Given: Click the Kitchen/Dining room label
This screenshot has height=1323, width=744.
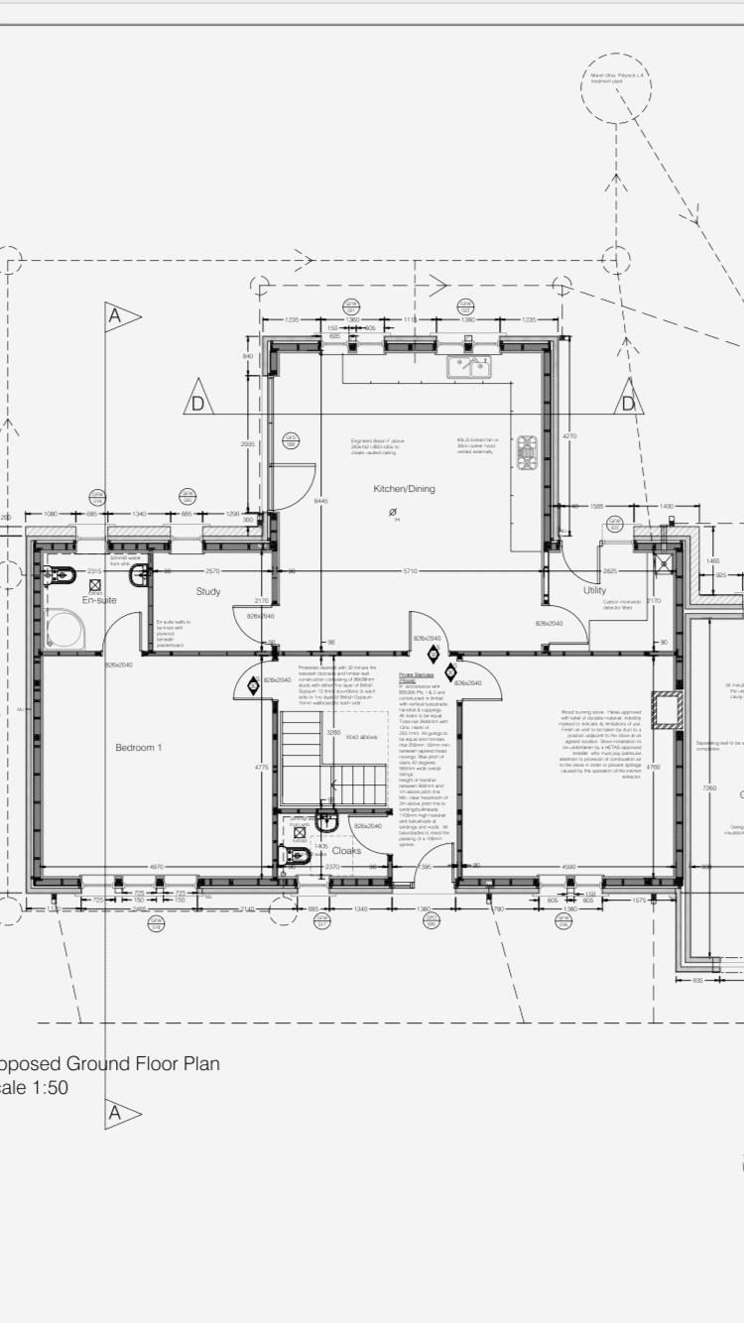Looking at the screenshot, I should (x=404, y=489).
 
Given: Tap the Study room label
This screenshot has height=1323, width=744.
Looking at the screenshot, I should (x=207, y=591).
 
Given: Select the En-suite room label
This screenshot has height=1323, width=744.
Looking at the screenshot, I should (x=99, y=601).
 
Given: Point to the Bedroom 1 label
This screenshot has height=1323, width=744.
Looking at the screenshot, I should (x=138, y=747).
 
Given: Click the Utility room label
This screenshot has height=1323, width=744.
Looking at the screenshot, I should (x=594, y=591).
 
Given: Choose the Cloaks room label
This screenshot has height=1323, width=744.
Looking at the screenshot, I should (x=346, y=850).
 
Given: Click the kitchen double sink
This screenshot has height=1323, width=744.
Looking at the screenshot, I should (x=470, y=367).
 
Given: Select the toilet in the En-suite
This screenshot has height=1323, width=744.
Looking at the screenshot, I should (x=61, y=574).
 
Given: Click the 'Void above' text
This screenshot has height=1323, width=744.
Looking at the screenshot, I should (x=359, y=737).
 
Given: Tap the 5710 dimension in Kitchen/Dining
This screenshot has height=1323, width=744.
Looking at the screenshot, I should (x=410, y=571).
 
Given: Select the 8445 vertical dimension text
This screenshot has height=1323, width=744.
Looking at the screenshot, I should (x=320, y=501).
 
